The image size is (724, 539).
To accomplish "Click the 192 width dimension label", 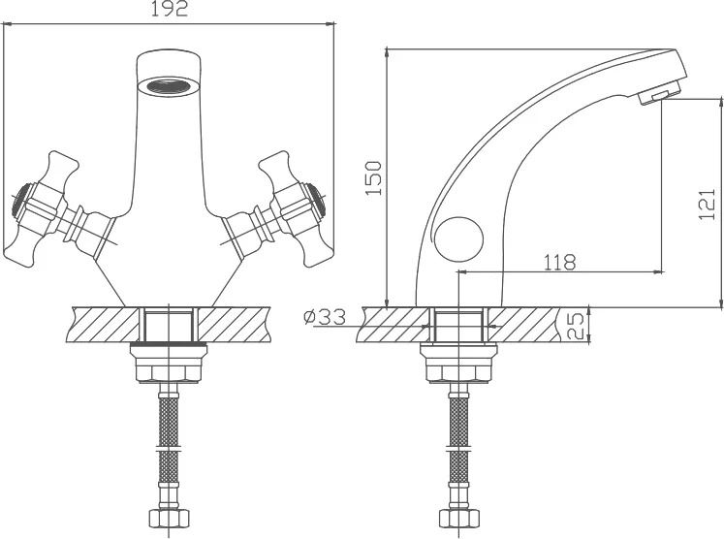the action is click(x=170, y=9).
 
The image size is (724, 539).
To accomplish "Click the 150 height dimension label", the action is click(x=373, y=178).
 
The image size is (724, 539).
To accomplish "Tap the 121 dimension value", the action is click(x=707, y=205).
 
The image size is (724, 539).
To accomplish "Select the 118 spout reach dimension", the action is click(x=559, y=263).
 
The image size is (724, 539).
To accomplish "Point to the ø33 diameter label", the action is click(x=325, y=317).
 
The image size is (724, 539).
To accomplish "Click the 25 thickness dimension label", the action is click(x=575, y=326).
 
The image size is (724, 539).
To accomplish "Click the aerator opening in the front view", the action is click(x=169, y=86).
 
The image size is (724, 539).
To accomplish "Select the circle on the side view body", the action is click(x=459, y=240).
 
